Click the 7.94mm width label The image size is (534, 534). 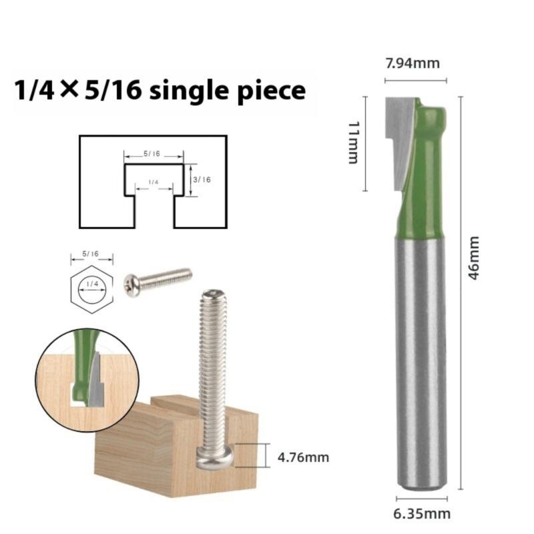[x=413, y=63]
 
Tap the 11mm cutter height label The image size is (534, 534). [x=354, y=142]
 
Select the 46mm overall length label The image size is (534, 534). [x=474, y=258]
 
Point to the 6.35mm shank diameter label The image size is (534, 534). [x=422, y=513]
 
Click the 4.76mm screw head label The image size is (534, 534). [x=302, y=457]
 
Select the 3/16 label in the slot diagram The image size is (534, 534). [x=201, y=179]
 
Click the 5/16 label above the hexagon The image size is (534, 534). [x=90, y=254]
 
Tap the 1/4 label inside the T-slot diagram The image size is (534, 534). [x=154, y=182]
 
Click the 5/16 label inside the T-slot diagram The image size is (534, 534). [x=152, y=154]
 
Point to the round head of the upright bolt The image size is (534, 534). [x=214, y=459]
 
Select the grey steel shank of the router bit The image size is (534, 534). [x=421, y=360]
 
